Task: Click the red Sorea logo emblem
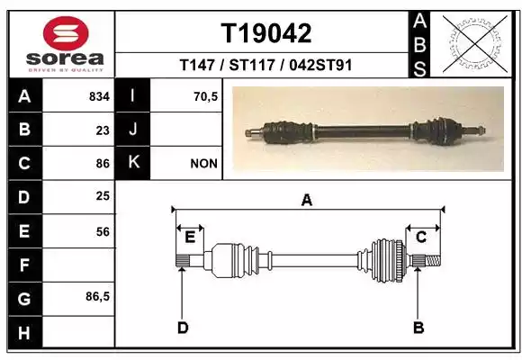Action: [66, 33]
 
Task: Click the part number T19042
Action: [266, 33]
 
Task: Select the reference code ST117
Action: [252, 65]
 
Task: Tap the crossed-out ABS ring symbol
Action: [475, 43]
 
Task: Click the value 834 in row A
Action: [99, 96]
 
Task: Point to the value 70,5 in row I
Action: [206, 96]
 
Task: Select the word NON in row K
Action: [203, 164]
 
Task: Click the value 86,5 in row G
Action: [97, 296]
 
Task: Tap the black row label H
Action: [24, 333]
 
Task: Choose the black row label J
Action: [132, 130]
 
